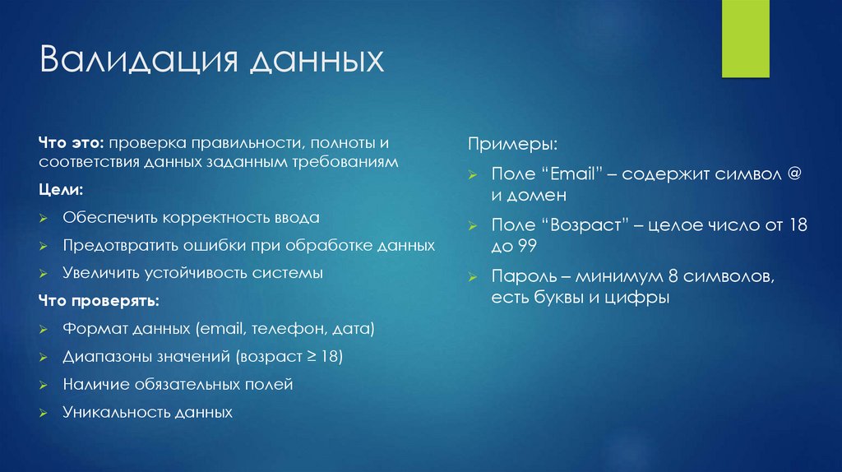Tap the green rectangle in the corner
coord(746,39)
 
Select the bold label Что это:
coord(71,143)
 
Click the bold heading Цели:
coord(60,190)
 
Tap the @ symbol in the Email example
coord(793,175)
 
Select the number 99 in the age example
coord(525,246)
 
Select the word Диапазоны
coord(104,357)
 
